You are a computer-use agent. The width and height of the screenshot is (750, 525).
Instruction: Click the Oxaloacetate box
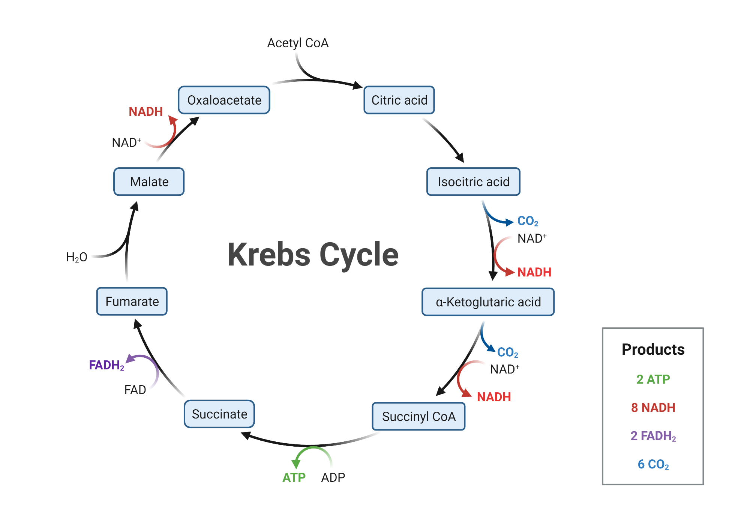point(224,100)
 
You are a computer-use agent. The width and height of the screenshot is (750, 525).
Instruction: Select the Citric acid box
point(399,100)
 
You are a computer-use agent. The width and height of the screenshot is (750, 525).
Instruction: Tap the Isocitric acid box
point(473,182)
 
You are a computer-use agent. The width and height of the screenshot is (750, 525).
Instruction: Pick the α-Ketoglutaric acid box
point(488,302)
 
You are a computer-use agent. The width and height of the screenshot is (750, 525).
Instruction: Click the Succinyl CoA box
point(418,417)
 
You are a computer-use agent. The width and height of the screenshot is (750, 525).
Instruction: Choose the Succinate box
point(219,414)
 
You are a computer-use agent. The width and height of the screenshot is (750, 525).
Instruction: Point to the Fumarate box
point(132,301)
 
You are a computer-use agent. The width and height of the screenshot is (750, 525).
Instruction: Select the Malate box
point(149,182)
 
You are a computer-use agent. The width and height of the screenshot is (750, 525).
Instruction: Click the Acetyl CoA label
point(298,43)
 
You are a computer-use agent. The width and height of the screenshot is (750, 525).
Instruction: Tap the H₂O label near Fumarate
point(76,257)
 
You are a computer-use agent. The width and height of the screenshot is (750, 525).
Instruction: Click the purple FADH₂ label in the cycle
point(106,365)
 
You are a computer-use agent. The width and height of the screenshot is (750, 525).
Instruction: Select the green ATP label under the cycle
point(294,477)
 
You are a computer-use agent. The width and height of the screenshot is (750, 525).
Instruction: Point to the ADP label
point(333,477)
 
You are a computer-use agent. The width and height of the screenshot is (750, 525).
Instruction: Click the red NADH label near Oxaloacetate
point(145,112)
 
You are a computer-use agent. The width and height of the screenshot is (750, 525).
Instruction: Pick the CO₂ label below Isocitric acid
point(528,221)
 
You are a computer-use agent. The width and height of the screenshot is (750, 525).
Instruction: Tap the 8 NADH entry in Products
point(653,408)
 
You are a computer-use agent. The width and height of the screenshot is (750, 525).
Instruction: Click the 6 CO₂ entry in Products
point(653,464)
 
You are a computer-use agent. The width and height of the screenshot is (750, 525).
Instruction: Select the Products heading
point(653,349)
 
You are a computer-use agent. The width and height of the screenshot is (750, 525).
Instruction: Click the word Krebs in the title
point(268,255)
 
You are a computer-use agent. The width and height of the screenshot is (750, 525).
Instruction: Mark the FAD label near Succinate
point(135,390)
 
